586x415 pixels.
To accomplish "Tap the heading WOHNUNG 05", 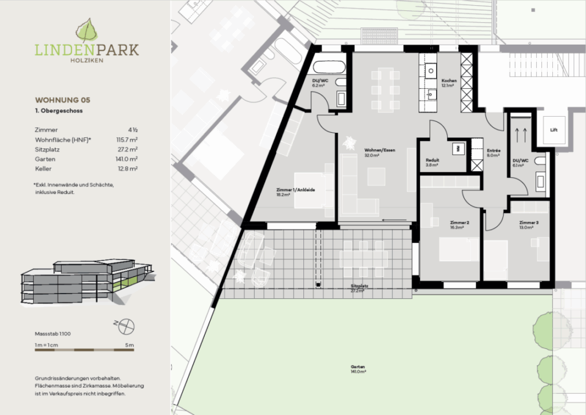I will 62,100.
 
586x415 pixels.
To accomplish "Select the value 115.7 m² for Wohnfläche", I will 129,139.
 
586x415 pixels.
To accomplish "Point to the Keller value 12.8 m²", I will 130,168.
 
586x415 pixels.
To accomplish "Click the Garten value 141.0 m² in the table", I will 129,159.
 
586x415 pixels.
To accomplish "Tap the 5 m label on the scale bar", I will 130,345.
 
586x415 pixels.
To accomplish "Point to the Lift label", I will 553,131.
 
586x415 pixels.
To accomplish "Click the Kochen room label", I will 449,81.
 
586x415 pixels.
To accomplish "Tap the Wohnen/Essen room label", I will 372,151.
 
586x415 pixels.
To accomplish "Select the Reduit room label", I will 432,160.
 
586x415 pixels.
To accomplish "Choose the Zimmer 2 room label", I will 460,222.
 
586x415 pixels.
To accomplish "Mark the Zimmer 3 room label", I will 529,222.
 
